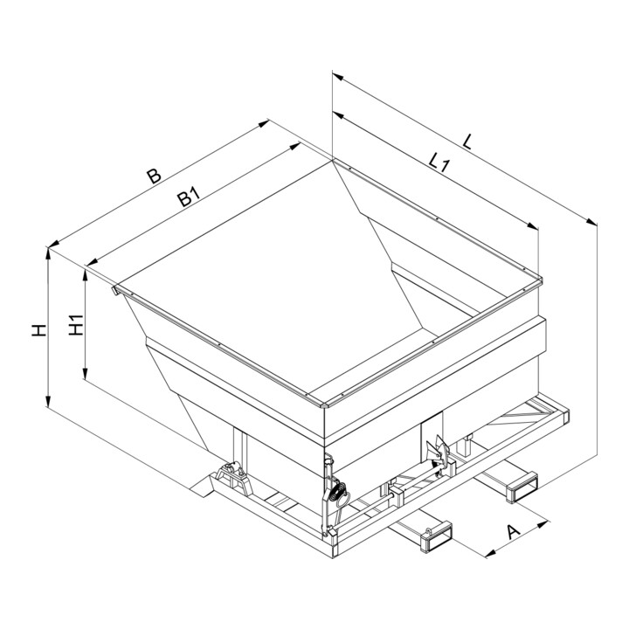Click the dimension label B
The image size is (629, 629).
[154, 176]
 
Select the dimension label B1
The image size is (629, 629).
[189, 197]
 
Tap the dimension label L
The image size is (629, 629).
[467, 142]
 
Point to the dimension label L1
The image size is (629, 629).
[440, 163]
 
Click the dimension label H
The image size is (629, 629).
[39, 330]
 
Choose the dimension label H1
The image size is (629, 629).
[75, 325]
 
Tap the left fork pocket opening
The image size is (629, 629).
[437, 536]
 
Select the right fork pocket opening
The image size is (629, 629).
[522, 487]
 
